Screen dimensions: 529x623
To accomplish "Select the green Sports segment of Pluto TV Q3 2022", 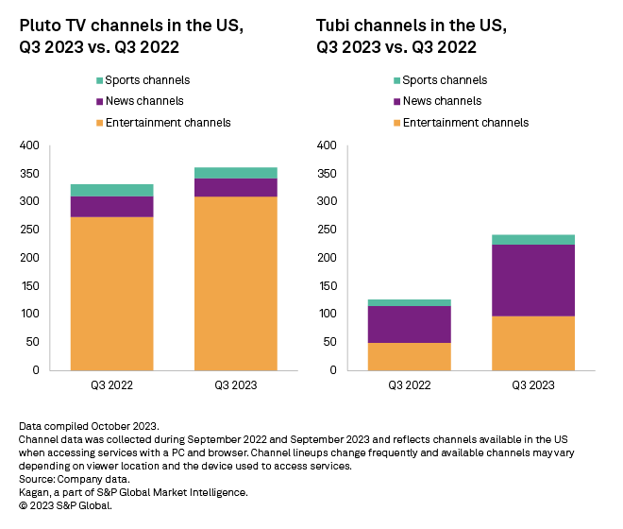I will pos(111,190).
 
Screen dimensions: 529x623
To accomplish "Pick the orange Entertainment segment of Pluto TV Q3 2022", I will pos(111,293).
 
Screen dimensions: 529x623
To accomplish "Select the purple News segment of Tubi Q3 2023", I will pos(534,280).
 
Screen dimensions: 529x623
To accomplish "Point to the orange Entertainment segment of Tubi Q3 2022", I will pos(410,356).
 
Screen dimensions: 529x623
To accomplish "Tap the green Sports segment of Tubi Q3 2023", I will pos(534,239).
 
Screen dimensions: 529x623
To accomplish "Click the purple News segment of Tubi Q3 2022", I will pos(410,324).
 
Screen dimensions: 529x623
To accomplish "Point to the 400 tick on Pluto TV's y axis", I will pos(29,145).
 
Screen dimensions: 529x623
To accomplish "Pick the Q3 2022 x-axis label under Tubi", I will pos(410,384).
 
